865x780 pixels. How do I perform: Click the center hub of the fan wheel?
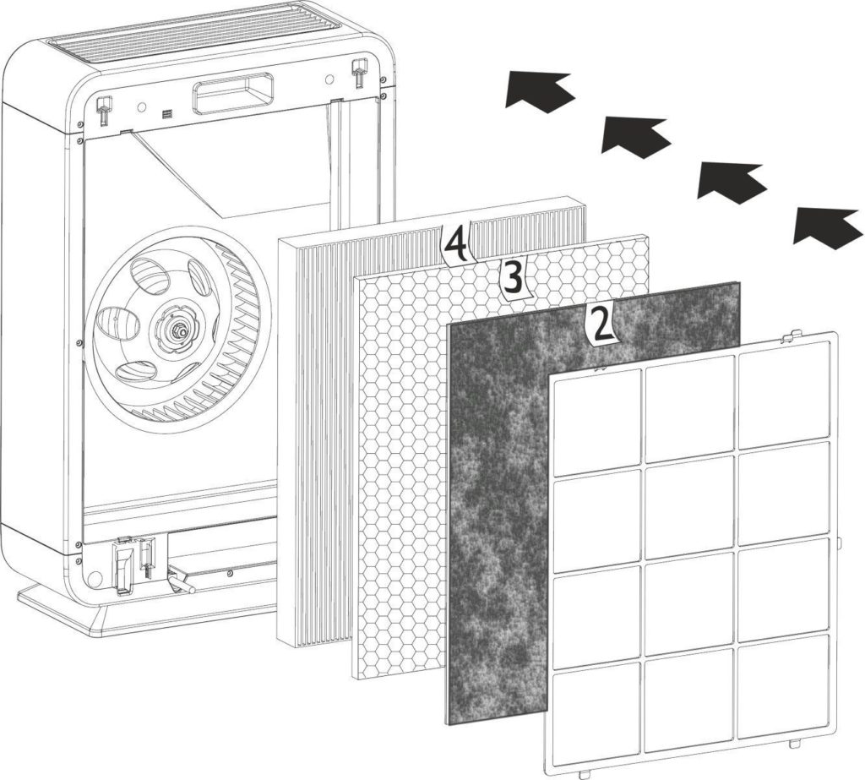pos(180,330)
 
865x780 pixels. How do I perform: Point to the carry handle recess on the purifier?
pos(232,95)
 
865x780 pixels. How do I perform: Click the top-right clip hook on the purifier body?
pos(359,70)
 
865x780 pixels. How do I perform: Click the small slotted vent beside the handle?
pos(167,114)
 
